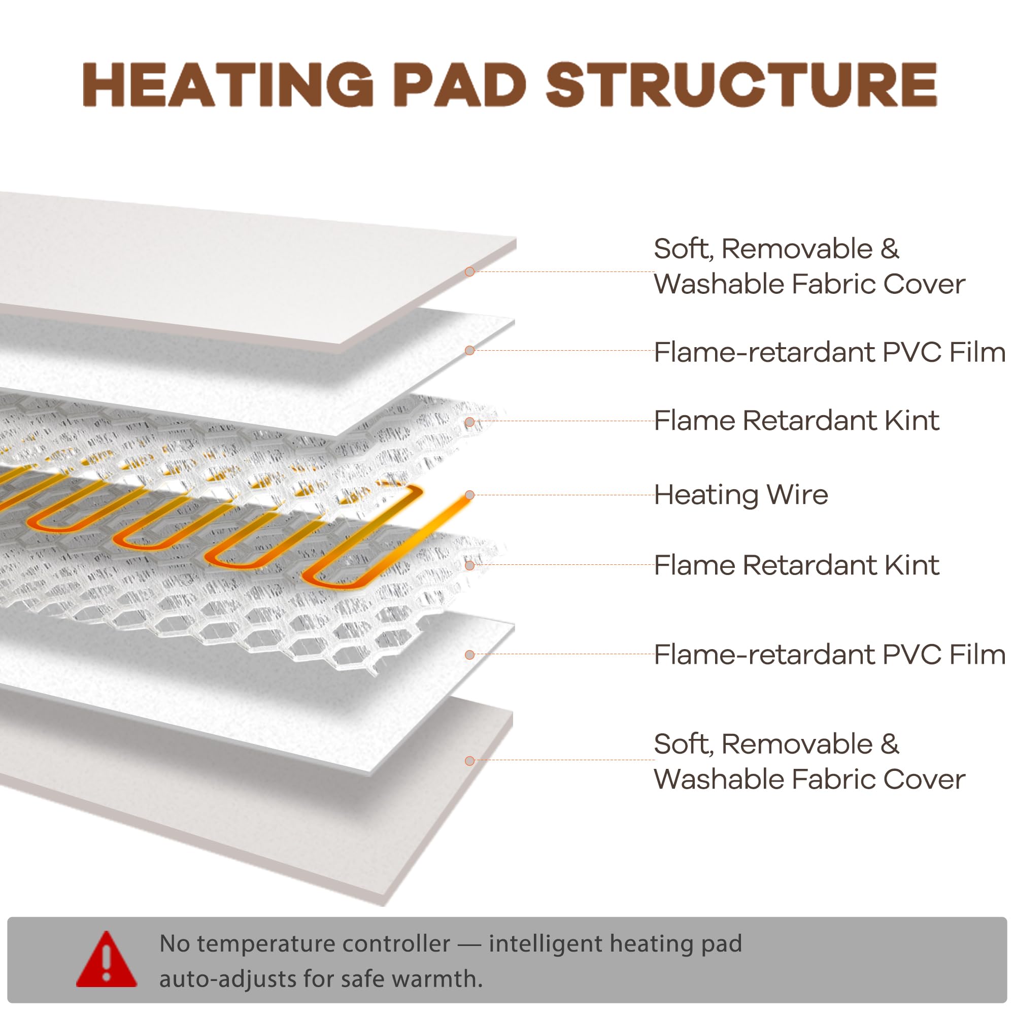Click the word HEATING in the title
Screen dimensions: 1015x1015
click(228, 85)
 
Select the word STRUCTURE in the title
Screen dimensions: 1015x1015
click(741, 85)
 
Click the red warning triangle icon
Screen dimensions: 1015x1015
click(107, 959)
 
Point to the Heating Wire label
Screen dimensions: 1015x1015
click(741, 494)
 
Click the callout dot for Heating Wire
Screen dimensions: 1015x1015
click(469, 495)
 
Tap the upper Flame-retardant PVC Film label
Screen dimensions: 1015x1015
click(830, 352)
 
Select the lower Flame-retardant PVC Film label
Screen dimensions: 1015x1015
click(830, 654)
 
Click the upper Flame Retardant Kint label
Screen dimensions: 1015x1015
click(796, 420)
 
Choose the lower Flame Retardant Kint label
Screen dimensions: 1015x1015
click(796, 565)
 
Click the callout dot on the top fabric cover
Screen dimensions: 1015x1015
click(469, 272)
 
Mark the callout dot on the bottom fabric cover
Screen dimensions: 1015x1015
click(469, 761)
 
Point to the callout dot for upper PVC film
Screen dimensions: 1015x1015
click(469, 350)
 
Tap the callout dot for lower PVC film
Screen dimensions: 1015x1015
click(469, 655)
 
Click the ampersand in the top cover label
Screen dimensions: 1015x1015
click(890, 249)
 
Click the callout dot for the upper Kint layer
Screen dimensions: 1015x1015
click(469, 422)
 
